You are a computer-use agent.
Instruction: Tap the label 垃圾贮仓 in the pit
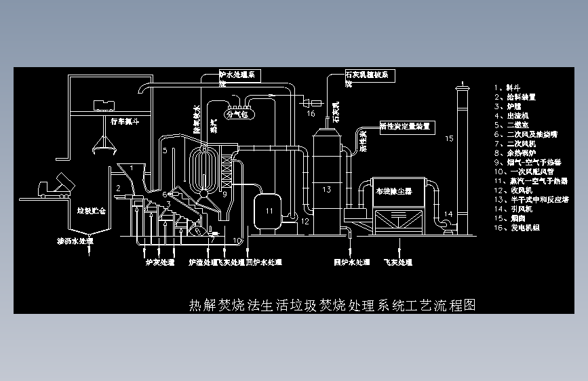coord(92,212)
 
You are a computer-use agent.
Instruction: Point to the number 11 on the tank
coord(269,212)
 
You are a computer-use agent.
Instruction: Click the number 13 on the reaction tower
coord(326,190)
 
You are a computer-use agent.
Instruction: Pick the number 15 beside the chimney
coord(448,139)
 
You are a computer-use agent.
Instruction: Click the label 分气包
coord(238,115)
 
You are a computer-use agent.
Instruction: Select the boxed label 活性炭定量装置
coord(405,126)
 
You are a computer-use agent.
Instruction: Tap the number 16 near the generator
coord(311,114)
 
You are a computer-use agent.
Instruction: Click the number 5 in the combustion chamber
coord(165,150)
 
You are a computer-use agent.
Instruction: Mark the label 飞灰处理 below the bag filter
coord(397,262)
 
